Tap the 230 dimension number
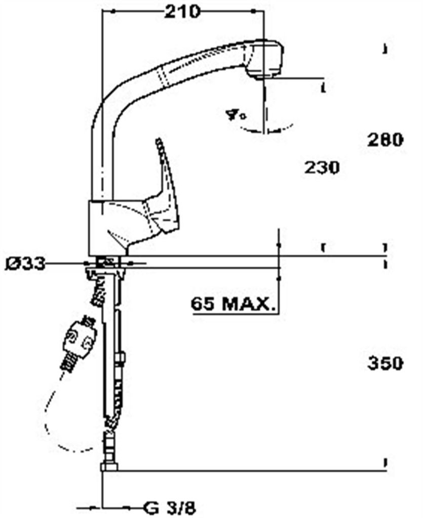click(322, 167)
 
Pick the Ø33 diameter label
click(25, 263)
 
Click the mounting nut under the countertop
click(105, 274)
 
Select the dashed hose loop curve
click(51, 420)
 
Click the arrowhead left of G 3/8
click(94, 507)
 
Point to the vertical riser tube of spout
click(101, 162)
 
